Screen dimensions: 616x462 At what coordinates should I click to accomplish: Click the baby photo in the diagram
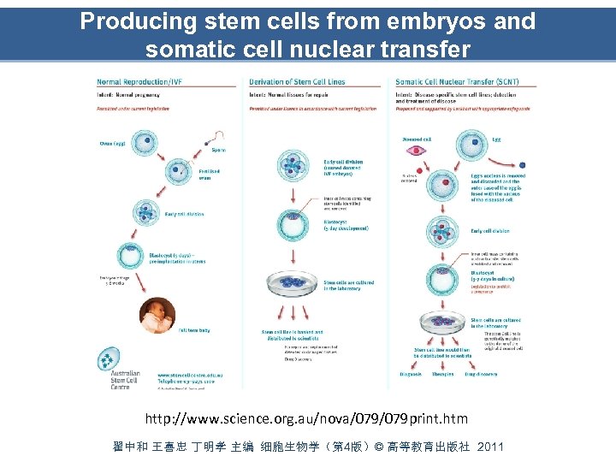[x=157, y=316]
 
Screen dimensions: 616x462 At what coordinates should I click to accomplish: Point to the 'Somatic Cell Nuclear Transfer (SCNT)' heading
[x=457, y=82]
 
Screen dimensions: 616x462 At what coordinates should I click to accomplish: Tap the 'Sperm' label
[x=220, y=150]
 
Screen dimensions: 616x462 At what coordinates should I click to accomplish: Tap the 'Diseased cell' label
[x=416, y=138]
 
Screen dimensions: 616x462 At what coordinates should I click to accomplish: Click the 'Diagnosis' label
[x=412, y=374]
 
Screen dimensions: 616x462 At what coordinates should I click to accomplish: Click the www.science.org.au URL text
[x=307, y=418]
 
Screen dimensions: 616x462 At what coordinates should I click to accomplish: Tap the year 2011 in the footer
[x=491, y=447]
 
